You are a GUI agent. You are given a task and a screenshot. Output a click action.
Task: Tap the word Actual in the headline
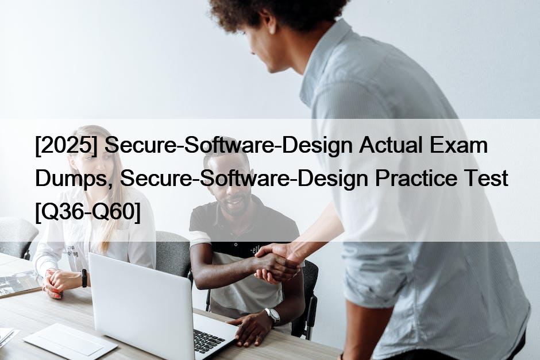pyautogui.click(x=390, y=145)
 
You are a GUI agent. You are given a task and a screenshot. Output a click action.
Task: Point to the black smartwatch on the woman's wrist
pyautogui.click(x=84, y=278)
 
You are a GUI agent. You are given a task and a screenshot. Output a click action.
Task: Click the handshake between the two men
pyautogui.click(x=276, y=264)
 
